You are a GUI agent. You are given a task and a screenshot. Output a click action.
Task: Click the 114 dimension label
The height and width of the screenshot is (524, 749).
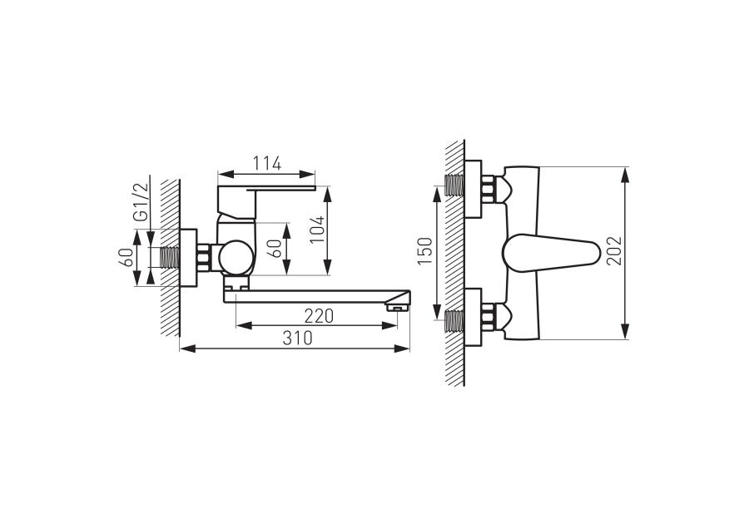[266, 163]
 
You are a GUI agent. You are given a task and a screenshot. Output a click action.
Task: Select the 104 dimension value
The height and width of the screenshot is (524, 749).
[317, 230]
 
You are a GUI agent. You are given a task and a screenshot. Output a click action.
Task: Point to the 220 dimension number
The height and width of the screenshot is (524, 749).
[319, 315]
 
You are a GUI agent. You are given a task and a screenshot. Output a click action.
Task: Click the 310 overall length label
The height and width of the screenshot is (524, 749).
[297, 338]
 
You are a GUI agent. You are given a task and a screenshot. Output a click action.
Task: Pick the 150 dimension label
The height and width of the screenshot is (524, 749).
[424, 251]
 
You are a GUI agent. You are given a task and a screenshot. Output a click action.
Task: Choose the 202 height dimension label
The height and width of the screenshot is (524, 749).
[614, 251]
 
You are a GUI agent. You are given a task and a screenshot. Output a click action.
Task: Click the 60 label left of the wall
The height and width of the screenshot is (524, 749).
[125, 258]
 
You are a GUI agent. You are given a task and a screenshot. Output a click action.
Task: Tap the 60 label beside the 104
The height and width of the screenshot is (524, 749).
[275, 248]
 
